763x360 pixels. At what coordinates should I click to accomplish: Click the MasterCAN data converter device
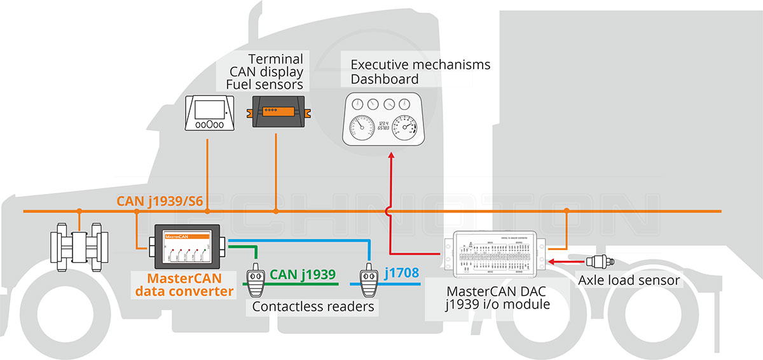(184, 247)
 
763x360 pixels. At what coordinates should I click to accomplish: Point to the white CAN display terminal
(209, 113)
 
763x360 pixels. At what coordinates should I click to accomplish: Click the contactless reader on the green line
(256, 280)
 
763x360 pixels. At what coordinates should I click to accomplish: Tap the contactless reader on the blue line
(368, 280)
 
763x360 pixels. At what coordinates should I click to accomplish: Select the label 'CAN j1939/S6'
(160, 202)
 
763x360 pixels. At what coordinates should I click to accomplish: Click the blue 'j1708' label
(401, 273)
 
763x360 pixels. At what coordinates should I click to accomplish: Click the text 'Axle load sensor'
(628, 280)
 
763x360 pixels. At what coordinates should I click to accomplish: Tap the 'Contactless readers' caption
(312, 307)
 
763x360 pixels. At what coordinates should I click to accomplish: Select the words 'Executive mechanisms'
(420, 64)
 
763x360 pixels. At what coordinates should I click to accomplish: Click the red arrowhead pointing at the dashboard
(390, 156)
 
